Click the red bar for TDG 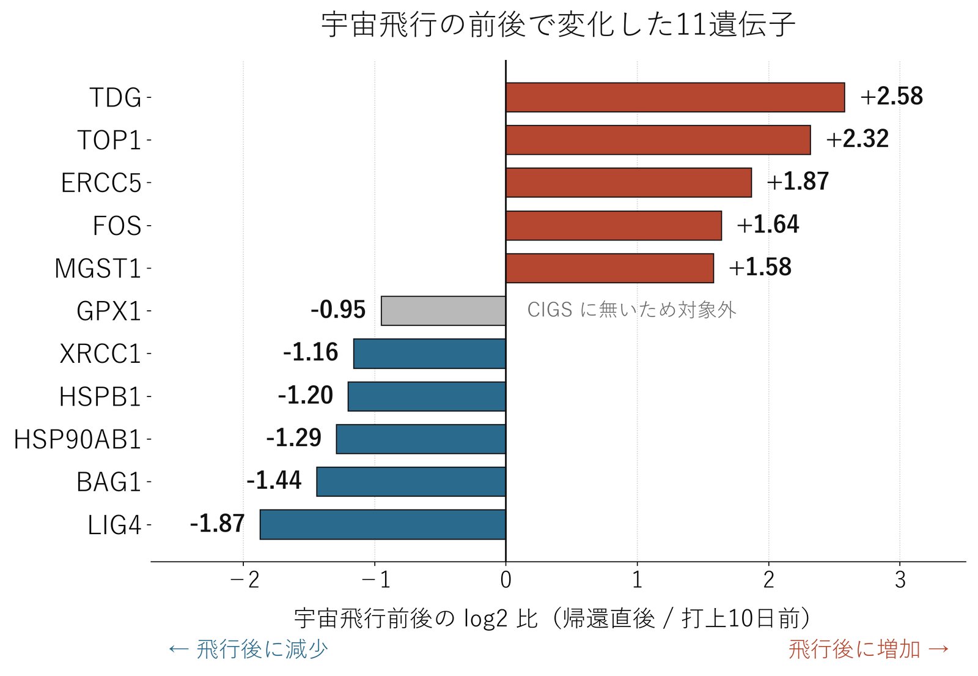click(675, 97)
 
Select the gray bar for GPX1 click(443, 311)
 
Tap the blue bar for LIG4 click(383, 524)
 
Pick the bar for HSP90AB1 click(421, 439)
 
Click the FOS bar click(614, 226)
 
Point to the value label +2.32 click(857, 139)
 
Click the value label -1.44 click(274, 480)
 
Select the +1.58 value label click(760, 267)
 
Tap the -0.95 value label click(338, 310)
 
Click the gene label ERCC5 click(101, 183)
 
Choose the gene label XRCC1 click(100, 354)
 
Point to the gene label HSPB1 click(100, 397)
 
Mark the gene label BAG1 click(109, 483)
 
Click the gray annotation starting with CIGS click(632, 310)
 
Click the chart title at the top click(558, 24)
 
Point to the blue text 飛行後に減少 click(248, 649)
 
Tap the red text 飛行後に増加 click(869, 649)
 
